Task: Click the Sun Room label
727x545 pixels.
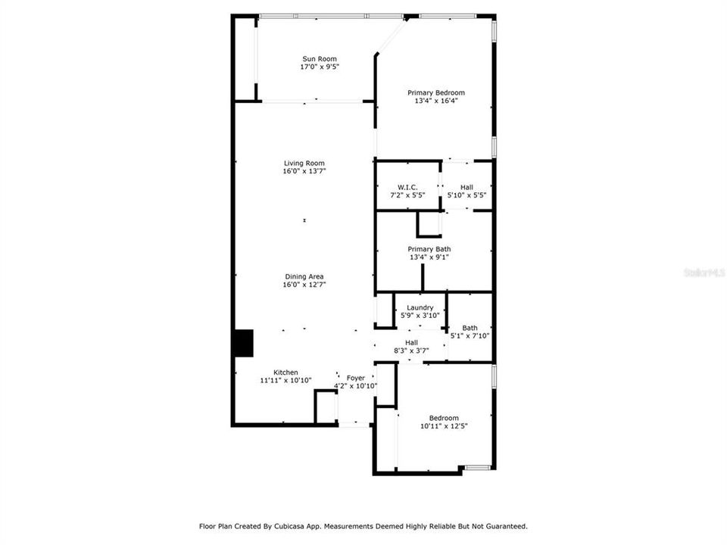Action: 320,59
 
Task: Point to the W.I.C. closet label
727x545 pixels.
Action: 407,187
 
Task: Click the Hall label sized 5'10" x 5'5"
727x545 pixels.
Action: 466,187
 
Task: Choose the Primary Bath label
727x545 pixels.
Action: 430,249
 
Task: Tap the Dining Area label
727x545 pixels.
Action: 304,277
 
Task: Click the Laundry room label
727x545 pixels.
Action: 420,307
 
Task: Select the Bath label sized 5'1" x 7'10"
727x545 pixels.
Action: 470,328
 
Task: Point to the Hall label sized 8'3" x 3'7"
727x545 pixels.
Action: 411,342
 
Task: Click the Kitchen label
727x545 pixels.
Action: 285,372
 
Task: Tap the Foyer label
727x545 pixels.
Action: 356,378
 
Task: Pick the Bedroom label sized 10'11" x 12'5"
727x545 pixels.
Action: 444,418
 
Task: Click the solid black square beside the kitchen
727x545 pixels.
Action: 243,342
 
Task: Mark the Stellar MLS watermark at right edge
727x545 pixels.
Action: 704,271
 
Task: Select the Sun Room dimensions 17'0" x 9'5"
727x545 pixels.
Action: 320,67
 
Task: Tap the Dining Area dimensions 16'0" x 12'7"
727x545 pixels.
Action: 304,285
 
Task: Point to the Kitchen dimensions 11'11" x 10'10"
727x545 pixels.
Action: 285,381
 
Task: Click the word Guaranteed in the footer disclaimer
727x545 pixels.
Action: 507,526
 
